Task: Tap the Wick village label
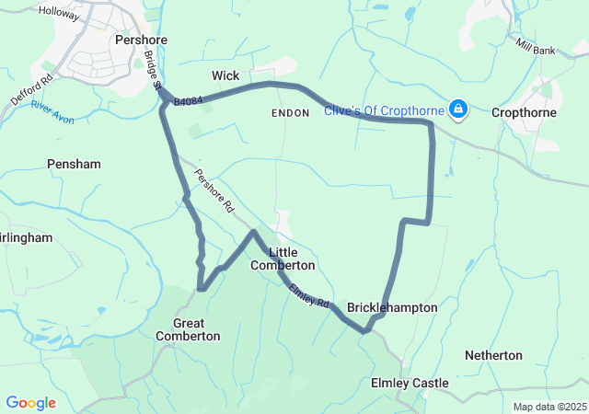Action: pyautogui.click(x=225, y=75)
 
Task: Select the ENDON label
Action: pyautogui.click(x=291, y=112)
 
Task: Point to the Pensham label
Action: pyautogui.click(x=73, y=163)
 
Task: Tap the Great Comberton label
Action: pyautogui.click(x=188, y=329)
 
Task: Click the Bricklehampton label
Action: pyautogui.click(x=392, y=307)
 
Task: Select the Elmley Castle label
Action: pyautogui.click(x=410, y=383)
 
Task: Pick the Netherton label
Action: pyautogui.click(x=493, y=355)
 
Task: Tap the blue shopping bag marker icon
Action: pyautogui.click(x=457, y=110)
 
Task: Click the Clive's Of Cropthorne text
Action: pyautogui.click(x=384, y=111)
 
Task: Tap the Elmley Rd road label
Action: pyautogui.click(x=309, y=294)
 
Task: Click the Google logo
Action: pyautogui.click(x=30, y=403)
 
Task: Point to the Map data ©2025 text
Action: pyautogui.click(x=549, y=407)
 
